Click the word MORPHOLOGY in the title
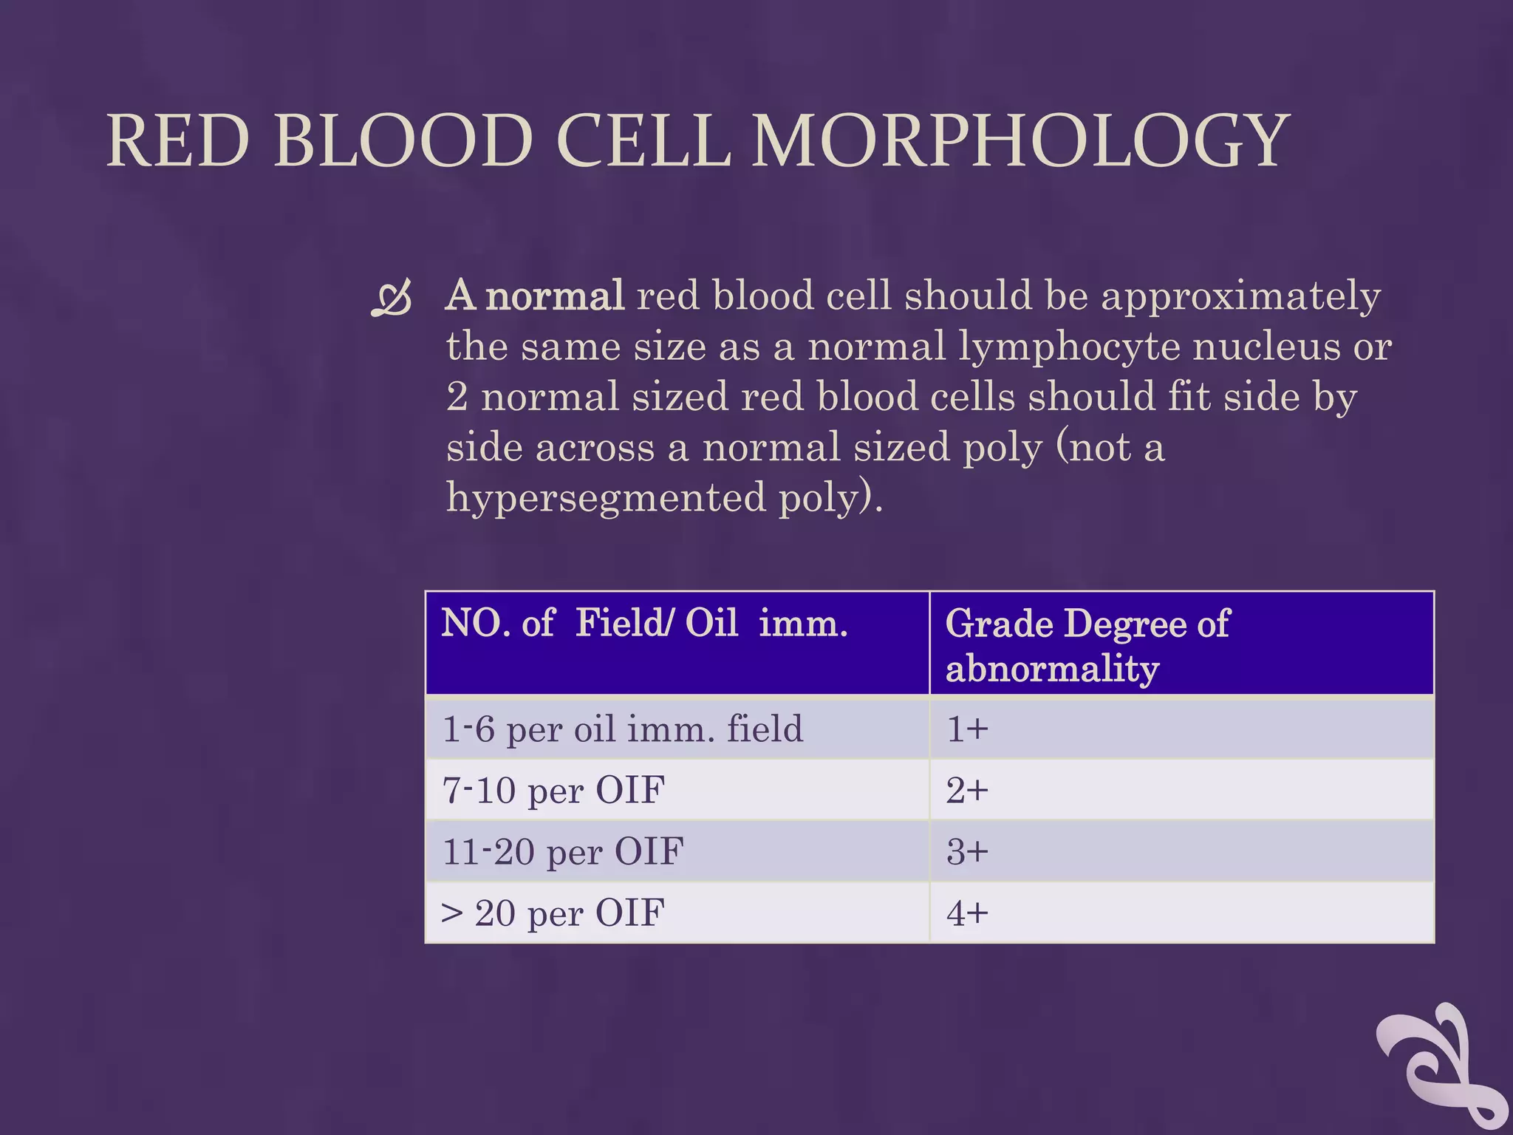click(1020, 141)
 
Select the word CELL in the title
click(643, 141)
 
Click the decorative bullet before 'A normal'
click(391, 299)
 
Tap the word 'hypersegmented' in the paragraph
click(606, 497)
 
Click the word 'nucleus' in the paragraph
click(1266, 346)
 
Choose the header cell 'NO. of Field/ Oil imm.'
click(644, 623)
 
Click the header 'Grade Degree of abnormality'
click(1087, 644)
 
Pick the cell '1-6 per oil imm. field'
click(622, 729)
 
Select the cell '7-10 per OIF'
click(553, 790)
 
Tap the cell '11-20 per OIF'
click(563, 851)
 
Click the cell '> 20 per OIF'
click(553, 913)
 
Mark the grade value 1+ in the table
click(967, 729)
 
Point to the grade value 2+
click(967, 790)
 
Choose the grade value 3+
click(967, 851)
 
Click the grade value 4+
click(967, 913)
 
